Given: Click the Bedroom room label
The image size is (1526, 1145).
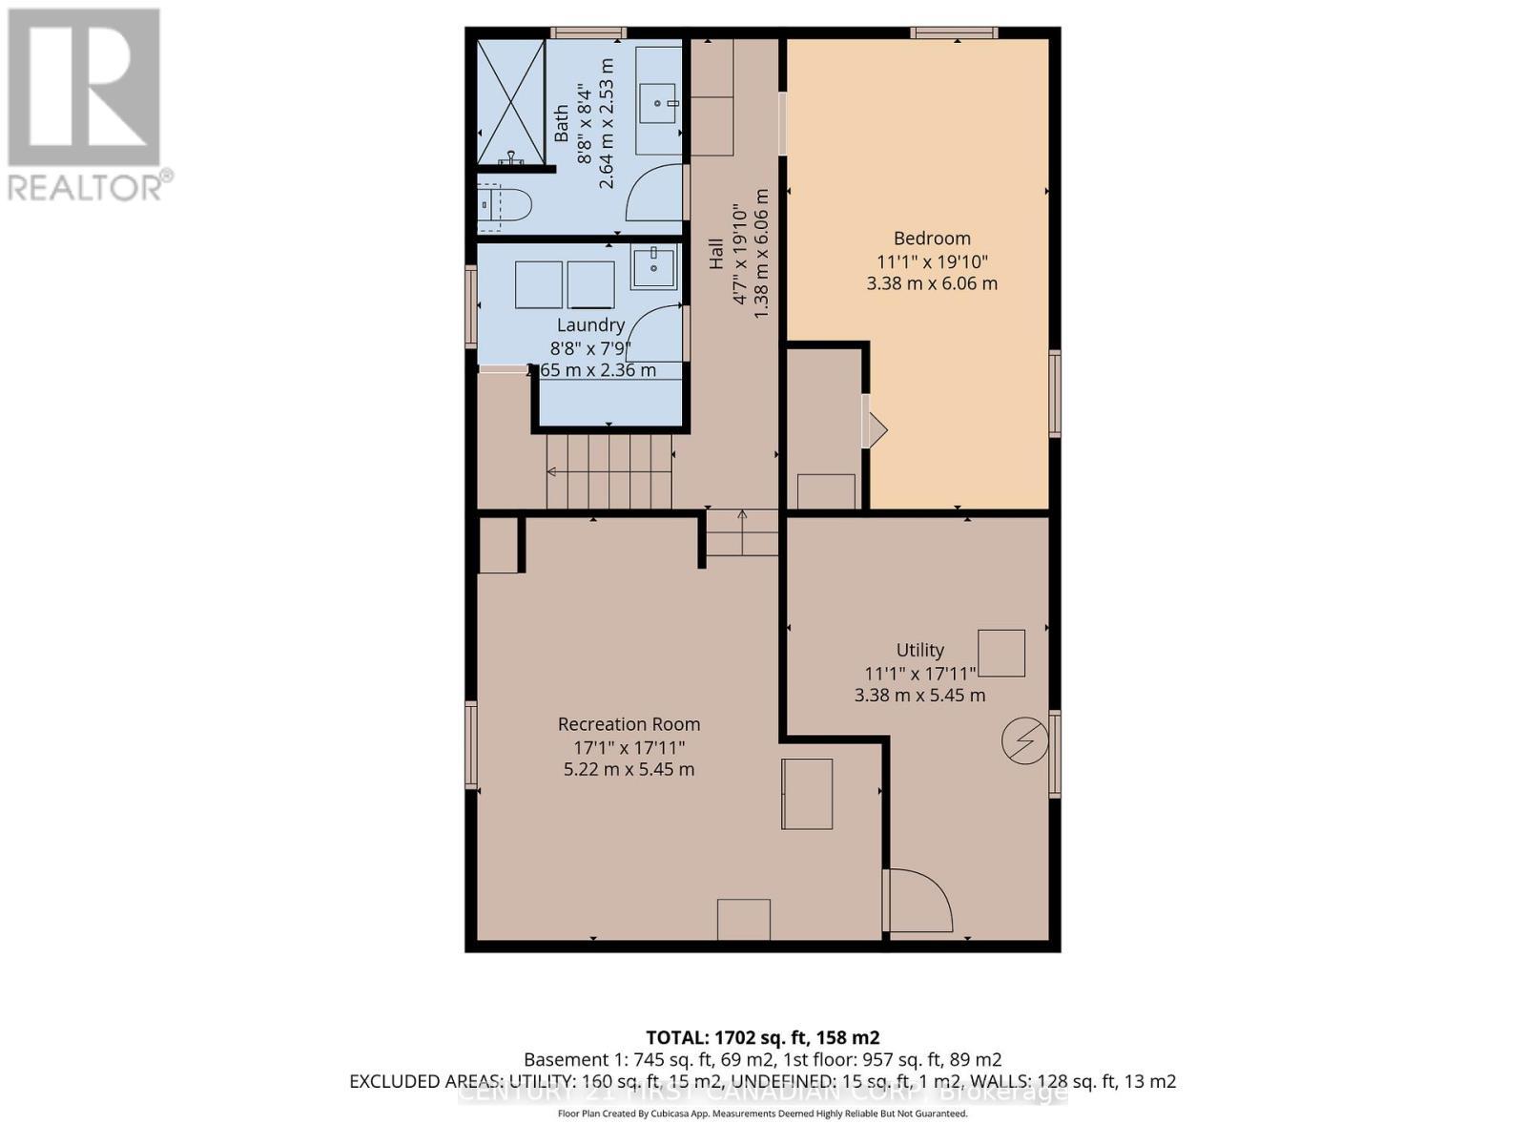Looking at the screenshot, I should (932, 239).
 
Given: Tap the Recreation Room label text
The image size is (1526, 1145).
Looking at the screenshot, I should (629, 724).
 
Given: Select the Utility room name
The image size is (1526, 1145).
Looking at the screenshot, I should (920, 650).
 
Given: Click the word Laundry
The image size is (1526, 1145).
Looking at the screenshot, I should (590, 325).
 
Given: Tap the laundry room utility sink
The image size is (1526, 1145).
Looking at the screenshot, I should (653, 266).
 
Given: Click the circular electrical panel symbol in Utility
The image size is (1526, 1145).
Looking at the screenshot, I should (1025, 740).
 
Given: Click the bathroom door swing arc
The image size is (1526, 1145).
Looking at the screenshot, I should (656, 192).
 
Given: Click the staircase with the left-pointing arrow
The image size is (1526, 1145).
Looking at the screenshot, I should (608, 472).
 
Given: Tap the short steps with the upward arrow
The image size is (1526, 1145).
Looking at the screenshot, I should (742, 533).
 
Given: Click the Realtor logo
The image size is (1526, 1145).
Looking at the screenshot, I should (86, 105).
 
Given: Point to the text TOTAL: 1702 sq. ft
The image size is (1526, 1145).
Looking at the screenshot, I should (762, 1037).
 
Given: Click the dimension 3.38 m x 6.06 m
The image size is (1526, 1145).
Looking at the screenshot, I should (932, 283).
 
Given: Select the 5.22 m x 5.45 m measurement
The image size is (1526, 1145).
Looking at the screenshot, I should (629, 769).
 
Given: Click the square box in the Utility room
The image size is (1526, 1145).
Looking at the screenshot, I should (1001, 654).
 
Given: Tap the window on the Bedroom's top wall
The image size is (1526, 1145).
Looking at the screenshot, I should (954, 33).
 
